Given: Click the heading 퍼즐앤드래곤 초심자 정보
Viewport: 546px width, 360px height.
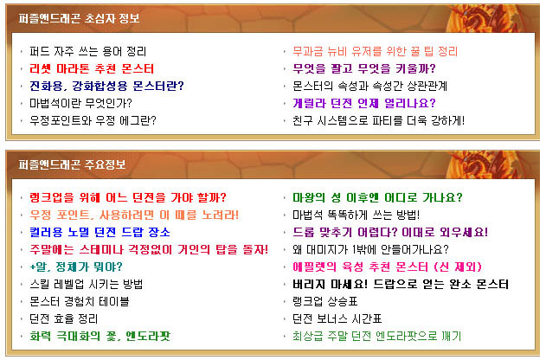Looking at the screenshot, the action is tap(79, 18).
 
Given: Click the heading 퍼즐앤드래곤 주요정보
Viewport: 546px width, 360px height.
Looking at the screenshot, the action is tap(72, 164).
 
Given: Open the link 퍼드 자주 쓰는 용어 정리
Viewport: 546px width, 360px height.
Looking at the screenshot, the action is tap(87, 52).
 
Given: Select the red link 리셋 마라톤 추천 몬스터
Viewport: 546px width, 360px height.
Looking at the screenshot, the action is tap(92, 68).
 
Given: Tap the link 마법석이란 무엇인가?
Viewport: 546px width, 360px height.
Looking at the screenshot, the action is tap(80, 103).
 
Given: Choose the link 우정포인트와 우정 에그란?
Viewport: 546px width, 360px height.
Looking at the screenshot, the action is tap(93, 120).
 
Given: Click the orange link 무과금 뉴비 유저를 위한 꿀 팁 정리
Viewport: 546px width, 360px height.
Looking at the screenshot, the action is tap(375, 52).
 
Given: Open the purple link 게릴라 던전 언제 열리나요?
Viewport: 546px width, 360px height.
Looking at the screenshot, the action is tap(364, 103).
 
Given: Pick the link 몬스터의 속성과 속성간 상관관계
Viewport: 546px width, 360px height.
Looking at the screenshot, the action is tap(369, 86).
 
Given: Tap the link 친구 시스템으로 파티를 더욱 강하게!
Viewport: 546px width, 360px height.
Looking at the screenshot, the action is tap(378, 120).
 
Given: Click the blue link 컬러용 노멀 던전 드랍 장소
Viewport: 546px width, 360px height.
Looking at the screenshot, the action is tap(100, 232).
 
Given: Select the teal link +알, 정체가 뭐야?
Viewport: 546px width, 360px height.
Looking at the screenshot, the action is tap(76, 267).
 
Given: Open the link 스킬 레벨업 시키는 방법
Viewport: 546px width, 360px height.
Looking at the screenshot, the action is tap(86, 284).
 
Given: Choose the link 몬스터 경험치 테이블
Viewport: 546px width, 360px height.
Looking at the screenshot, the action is tap(80, 301).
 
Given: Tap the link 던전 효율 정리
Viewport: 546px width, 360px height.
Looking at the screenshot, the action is tap(64, 319).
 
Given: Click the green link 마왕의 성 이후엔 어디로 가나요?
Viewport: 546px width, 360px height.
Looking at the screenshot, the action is tap(377, 198).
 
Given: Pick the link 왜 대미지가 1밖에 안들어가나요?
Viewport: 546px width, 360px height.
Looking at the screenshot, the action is tap(370, 249).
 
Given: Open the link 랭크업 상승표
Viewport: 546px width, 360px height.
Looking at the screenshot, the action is tap(324, 301).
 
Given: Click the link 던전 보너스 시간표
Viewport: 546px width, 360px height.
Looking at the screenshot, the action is tap(337, 319).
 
